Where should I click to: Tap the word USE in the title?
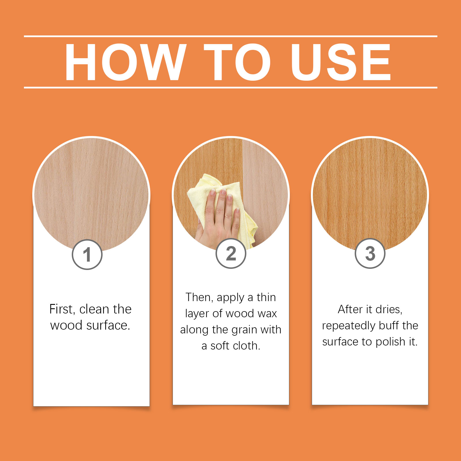tap(341, 62)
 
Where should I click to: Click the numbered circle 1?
tap(87, 254)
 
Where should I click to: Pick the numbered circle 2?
tap(231, 254)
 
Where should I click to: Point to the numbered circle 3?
tap(370, 254)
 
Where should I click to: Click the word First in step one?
tap(62, 309)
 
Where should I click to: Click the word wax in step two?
tap(268, 313)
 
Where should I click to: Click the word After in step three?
tap(350, 309)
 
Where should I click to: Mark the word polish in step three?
tap(390, 342)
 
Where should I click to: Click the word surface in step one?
tap(108, 325)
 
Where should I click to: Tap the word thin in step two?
tap(266, 297)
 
